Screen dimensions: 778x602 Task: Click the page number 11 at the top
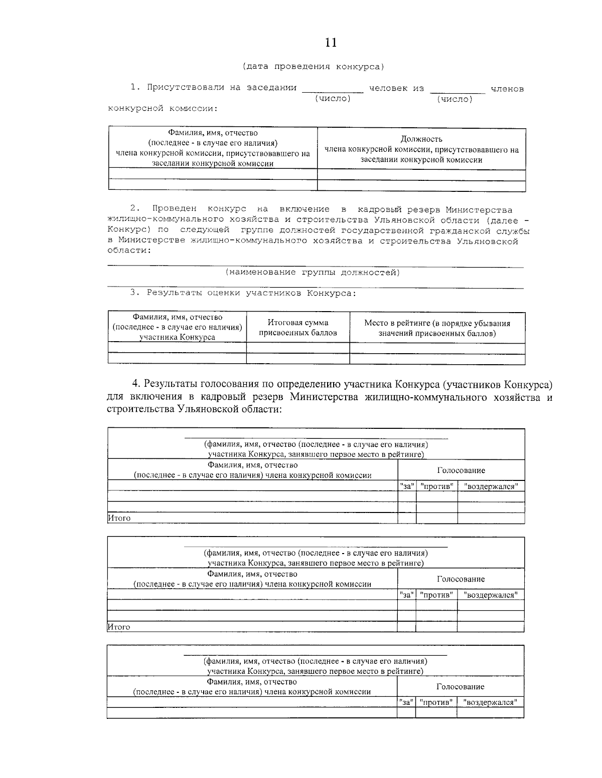[x=331, y=43]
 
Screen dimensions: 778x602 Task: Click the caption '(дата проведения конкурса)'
[x=313, y=66]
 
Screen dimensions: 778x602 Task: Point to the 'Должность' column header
[x=421, y=139]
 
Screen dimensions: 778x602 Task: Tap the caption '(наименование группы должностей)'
[x=313, y=273]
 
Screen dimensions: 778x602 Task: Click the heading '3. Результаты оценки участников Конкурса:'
[x=243, y=293]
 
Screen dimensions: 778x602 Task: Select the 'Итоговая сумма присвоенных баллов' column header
[x=298, y=328]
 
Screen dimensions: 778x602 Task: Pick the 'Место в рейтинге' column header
[x=437, y=328]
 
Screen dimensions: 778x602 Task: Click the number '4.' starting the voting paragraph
[x=137, y=384]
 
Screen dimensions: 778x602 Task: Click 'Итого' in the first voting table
[x=119, y=518]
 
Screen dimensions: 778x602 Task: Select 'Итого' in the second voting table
[x=119, y=627]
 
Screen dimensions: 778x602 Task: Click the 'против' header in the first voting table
[x=437, y=486]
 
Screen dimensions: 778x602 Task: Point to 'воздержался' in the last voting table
[x=490, y=702]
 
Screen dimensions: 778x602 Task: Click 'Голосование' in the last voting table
[x=460, y=686]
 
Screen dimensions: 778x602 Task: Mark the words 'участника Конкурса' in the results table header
[x=177, y=337]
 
